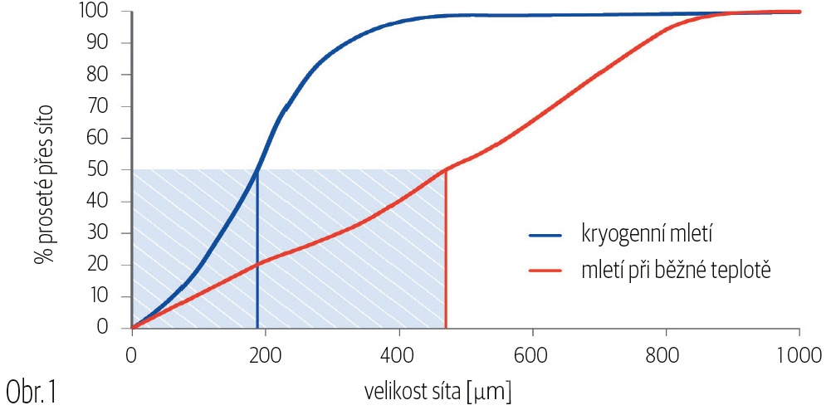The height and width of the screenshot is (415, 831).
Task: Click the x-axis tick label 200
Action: [265, 351]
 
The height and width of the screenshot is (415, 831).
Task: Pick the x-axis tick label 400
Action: [398, 351]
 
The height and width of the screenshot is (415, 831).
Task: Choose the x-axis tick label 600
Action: [532, 351]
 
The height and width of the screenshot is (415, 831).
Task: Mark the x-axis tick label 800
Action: [666, 351]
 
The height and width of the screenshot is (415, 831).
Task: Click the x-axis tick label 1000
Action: [798, 351]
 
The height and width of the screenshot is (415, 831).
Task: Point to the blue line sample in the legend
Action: [550, 235]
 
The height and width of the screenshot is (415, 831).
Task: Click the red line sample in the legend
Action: [550, 271]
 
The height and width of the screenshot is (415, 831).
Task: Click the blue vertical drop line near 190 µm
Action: [257, 249]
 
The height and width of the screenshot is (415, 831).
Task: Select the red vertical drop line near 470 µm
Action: [446, 249]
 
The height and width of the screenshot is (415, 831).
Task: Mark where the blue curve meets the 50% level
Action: [257, 170]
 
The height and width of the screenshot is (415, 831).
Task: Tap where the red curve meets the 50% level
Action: [446, 170]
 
